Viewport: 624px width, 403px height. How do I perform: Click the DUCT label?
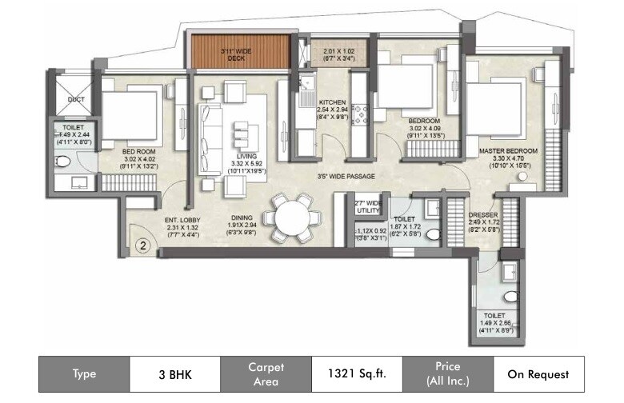point(76,100)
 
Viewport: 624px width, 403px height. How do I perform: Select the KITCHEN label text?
point(331,103)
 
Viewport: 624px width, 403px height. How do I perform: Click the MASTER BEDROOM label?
point(508,150)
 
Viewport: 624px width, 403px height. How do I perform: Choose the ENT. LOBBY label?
point(182,220)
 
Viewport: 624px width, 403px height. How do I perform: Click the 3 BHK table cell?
point(175,373)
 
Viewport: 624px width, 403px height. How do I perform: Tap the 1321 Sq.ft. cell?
point(356,373)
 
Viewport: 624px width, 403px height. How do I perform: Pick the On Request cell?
point(538,373)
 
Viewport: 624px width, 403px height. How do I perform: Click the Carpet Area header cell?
point(266,373)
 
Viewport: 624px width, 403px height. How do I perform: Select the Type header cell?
point(84,373)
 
